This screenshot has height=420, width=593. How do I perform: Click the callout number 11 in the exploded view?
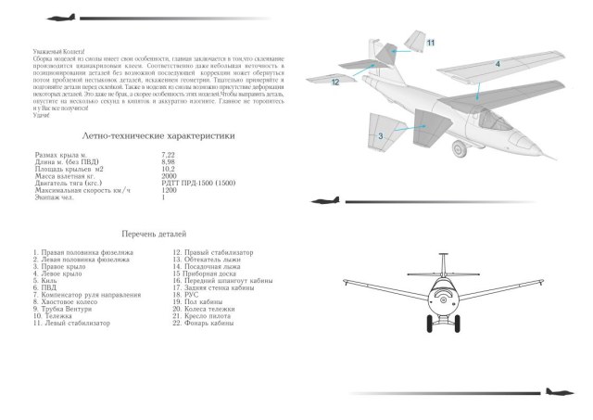pyautogui.click(x=431, y=43)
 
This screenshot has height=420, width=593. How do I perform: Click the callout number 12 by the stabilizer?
pyautogui.click(x=335, y=83)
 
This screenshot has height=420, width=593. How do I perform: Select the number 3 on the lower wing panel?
pyautogui.click(x=381, y=136)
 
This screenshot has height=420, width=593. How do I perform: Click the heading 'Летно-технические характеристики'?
pyautogui.click(x=158, y=135)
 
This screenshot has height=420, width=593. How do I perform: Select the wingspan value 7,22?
pyautogui.click(x=169, y=152)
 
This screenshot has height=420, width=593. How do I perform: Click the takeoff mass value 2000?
pyautogui.click(x=170, y=175)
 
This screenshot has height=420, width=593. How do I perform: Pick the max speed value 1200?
pyautogui.click(x=170, y=190)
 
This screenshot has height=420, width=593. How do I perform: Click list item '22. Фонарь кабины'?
pyautogui.click(x=204, y=323)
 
